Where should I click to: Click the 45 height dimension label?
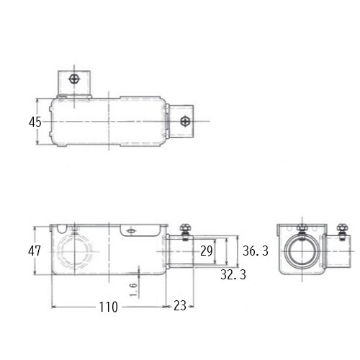35,122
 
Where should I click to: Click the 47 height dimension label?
35,251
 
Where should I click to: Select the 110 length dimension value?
109,307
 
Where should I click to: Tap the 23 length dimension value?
180,305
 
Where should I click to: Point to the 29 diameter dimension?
207,251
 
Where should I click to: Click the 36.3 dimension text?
256,251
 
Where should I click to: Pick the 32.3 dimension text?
233,274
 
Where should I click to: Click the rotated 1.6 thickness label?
133,289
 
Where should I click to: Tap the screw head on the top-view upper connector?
74,78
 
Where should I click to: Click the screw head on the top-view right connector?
185,121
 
